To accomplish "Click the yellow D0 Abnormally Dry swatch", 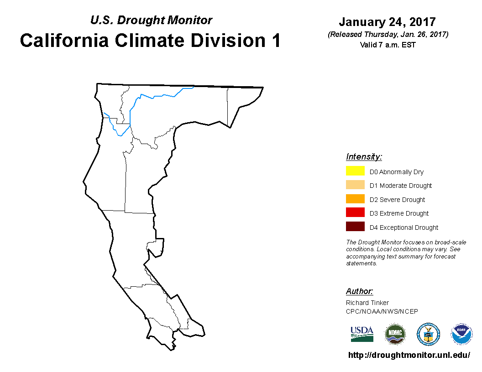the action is pyautogui.click(x=355, y=170).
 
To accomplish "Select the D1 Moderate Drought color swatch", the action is pyautogui.click(x=355, y=185).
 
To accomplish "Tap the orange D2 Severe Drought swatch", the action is pyautogui.click(x=355, y=199).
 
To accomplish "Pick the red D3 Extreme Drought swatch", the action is pyautogui.click(x=355, y=212).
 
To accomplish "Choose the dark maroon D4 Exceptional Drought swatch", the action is pyautogui.click(x=355, y=227).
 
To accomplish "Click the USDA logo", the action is pyautogui.click(x=362, y=334).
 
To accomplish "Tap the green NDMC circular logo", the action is pyautogui.click(x=395, y=334).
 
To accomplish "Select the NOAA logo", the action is pyautogui.click(x=461, y=334).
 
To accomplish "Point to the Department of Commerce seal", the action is pyautogui.click(x=428, y=334).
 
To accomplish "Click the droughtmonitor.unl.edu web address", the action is pyautogui.click(x=409, y=355).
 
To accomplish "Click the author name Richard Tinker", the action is pyautogui.click(x=367, y=303).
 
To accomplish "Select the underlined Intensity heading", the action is pyautogui.click(x=364, y=156).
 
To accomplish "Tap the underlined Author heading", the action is pyautogui.click(x=359, y=291).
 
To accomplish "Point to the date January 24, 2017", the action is pyautogui.click(x=388, y=22).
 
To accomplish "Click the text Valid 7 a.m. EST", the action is pyautogui.click(x=388, y=45).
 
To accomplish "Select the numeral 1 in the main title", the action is pyautogui.click(x=276, y=41).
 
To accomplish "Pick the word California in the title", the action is pyautogui.click(x=64, y=41).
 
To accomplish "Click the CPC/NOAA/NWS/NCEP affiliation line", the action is pyautogui.click(x=382, y=311).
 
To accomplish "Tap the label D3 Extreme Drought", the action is pyautogui.click(x=399, y=213).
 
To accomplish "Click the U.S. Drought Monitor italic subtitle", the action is pyautogui.click(x=151, y=20).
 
